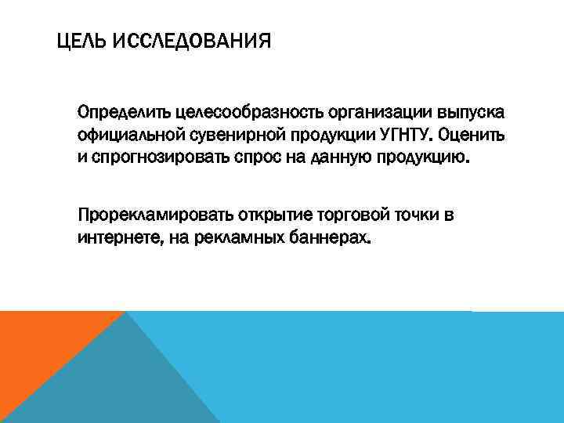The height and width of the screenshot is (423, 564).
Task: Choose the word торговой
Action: pos(352,215)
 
